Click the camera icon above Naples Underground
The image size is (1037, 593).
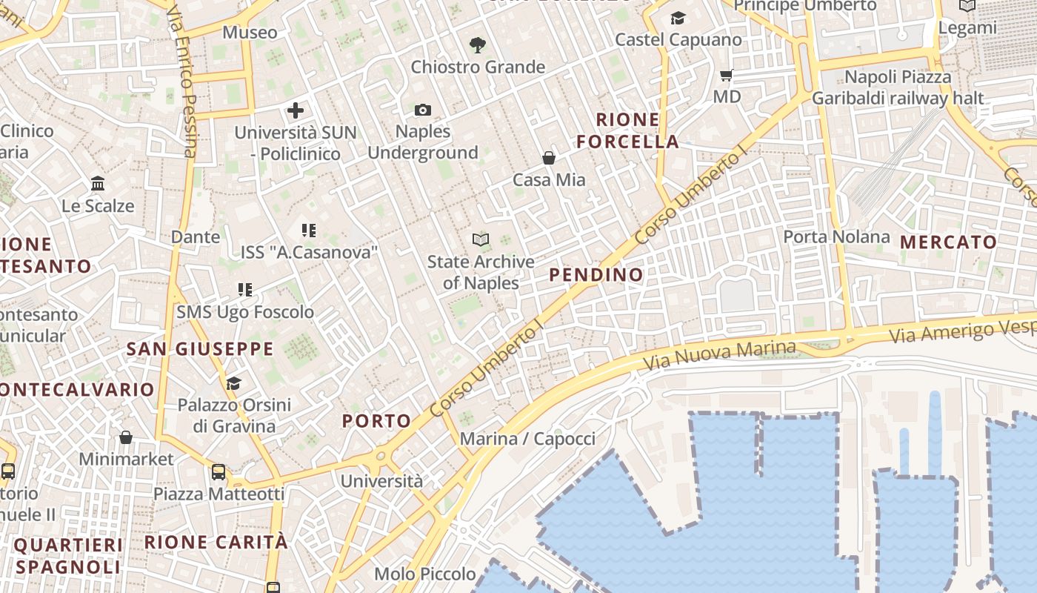423,110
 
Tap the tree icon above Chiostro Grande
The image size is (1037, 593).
478,45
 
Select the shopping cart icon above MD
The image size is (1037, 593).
727,75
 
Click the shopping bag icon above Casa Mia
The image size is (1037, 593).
549,158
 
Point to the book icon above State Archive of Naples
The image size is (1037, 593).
481,239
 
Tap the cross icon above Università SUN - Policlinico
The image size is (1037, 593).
296,111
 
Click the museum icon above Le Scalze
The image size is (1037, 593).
98,183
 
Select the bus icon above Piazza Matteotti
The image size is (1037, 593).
219,471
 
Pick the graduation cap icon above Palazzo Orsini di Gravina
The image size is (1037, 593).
234,383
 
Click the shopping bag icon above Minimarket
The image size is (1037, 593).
126,437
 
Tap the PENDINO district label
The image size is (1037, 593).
596,275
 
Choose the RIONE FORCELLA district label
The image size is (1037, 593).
628,130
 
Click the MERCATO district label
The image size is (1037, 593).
949,242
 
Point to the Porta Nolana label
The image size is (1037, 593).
837,237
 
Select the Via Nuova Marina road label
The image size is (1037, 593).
719,356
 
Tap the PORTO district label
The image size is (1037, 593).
376,421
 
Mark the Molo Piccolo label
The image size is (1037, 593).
425,574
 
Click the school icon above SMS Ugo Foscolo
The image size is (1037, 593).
245,289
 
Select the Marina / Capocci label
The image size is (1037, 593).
527,439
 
